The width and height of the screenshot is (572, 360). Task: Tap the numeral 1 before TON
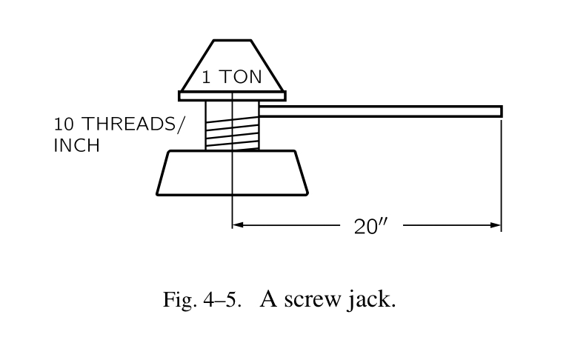pyautogui.click(x=208, y=76)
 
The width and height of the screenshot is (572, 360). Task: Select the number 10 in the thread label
pyautogui.click(x=61, y=124)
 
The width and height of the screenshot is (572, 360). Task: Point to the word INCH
pyautogui.click(x=76, y=144)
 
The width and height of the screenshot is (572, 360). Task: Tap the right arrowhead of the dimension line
pyautogui.click(x=496, y=224)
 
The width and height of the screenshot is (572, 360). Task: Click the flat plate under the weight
pyautogui.click(x=232, y=96)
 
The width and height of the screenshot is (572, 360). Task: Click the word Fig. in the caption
pyautogui.click(x=176, y=301)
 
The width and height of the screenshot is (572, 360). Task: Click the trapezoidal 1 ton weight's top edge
pyautogui.click(x=232, y=40)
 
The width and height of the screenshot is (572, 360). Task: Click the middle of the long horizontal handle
pyautogui.click(x=380, y=111)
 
